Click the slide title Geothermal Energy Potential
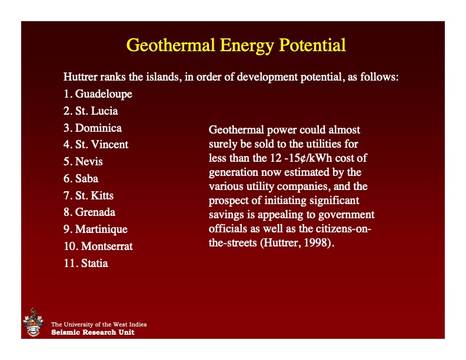click(236, 45)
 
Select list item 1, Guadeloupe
click(98, 94)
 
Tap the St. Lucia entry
click(91, 111)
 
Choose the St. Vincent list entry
click(95, 144)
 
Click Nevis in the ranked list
click(83, 161)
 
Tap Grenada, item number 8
click(89, 212)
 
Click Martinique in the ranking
click(95, 229)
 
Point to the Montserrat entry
click(98, 246)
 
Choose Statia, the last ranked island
click(86, 263)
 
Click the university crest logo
click(33, 322)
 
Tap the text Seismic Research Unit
click(92, 332)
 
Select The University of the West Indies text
click(99, 324)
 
